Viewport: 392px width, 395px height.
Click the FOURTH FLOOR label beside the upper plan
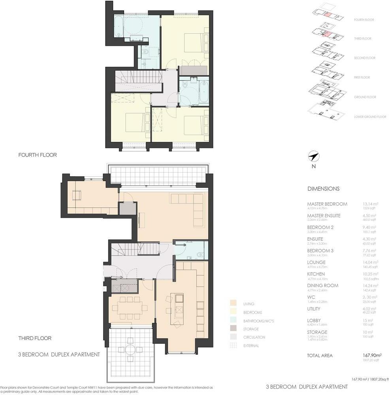tap(38, 155)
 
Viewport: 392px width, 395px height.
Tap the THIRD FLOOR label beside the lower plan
tap(35, 338)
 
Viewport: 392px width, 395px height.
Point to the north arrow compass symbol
tap(314, 157)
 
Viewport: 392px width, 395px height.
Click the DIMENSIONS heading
tap(323, 189)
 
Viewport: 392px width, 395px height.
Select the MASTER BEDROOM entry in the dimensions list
tap(327, 204)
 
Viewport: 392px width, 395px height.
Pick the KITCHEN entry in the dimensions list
tap(316, 274)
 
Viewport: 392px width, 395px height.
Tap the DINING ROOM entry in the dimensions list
tap(323, 285)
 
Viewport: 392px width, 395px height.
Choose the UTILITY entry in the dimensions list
tap(314, 308)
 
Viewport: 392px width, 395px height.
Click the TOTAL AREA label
tap(320, 355)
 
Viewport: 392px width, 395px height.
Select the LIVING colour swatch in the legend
tap(233, 304)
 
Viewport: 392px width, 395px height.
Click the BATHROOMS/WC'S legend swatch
tap(233, 320)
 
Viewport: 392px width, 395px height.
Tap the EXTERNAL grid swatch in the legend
tap(233, 346)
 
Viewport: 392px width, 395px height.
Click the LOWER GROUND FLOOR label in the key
tap(370, 117)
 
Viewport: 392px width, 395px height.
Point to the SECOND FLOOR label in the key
tap(364, 58)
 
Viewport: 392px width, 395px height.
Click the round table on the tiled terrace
tap(130, 349)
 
